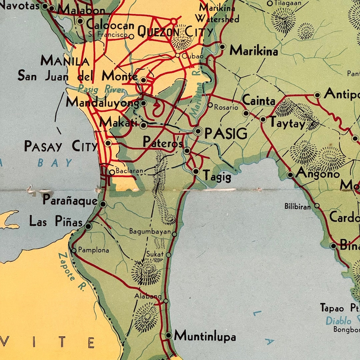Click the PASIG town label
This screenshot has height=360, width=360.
[226, 133]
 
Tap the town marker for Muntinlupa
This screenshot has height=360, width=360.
[169, 335]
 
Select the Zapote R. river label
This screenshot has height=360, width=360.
[71, 271]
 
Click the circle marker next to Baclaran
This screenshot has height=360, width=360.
[112, 172]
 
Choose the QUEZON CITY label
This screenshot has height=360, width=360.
[175, 32]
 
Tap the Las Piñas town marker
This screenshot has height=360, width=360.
[88, 226]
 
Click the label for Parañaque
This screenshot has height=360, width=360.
[70, 200]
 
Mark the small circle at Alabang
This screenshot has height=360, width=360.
[166, 301]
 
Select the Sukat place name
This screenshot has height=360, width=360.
[155, 254]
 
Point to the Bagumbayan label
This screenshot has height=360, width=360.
[150, 231]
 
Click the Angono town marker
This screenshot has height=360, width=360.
[290, 175]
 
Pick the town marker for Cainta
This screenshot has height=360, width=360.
[246, 113]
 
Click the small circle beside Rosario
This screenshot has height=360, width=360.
[210, 105]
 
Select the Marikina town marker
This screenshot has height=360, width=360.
[223, 47]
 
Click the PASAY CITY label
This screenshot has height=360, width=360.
[61, 146]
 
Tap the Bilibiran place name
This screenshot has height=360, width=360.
[297, 206]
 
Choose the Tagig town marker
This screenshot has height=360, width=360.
[196, 171]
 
